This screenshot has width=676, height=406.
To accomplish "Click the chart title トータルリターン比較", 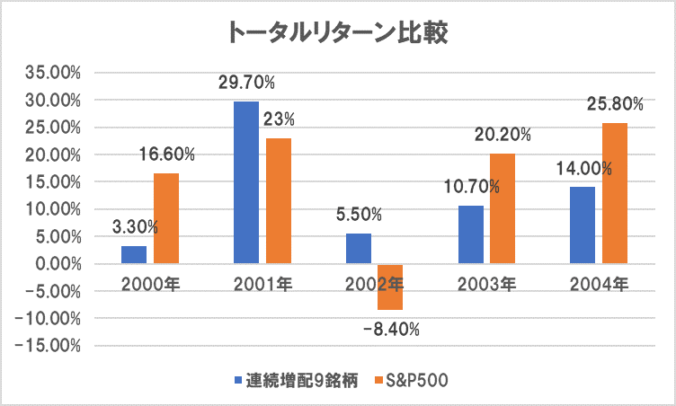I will [x=337, y=33].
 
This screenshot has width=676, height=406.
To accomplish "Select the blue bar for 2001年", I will [x=246, y=182].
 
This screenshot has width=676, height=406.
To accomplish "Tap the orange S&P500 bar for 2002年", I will [x=390, y=287].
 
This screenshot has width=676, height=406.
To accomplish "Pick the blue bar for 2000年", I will [x=134, y=255].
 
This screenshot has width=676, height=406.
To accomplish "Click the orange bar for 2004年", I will [x=614, y=193].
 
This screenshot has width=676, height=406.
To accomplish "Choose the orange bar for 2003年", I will [x=502, y=208].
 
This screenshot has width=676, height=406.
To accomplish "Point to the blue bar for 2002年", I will [x=359, y=249].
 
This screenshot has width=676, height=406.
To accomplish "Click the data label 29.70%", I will [x=246, y=83].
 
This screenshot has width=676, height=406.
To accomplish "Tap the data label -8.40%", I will [x=390, y=329].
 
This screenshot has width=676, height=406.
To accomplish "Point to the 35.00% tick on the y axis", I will [x=57, y=73].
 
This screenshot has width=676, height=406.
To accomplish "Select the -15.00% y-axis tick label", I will [x=53, y=346].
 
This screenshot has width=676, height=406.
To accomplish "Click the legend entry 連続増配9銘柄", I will [x=297, y=380].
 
